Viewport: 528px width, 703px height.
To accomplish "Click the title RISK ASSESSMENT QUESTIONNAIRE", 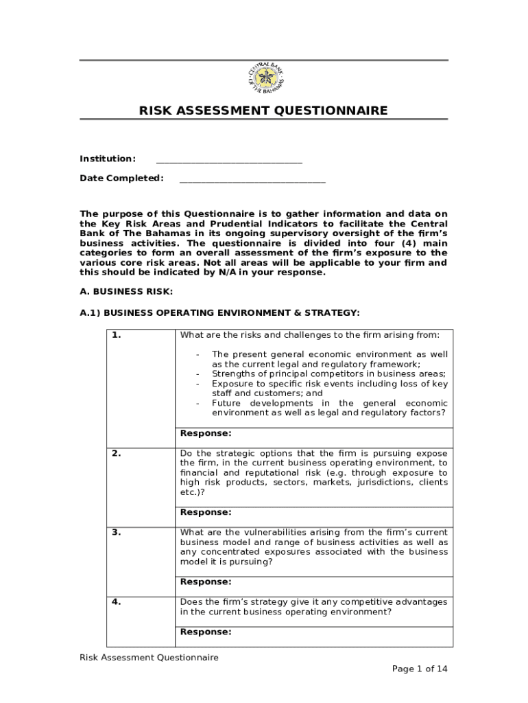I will (263, 111).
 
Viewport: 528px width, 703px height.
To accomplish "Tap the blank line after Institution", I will (229, 161).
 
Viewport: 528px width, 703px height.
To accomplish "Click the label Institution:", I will (108, 159).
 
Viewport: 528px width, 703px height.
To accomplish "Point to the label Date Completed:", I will (121, 178).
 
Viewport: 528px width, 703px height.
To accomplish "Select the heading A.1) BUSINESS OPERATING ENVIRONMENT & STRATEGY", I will (219, 313).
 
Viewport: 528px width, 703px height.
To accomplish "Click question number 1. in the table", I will (117, 336).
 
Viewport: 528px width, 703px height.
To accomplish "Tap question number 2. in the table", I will (117, 454).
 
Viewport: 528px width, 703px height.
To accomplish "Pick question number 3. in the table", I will (117, 533).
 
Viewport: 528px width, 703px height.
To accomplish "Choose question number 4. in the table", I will (117, 602).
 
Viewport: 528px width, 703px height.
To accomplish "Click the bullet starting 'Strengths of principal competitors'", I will (328, 374).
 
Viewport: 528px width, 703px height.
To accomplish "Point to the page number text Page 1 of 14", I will (419, 669).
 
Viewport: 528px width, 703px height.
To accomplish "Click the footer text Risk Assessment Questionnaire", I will (149, 658).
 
